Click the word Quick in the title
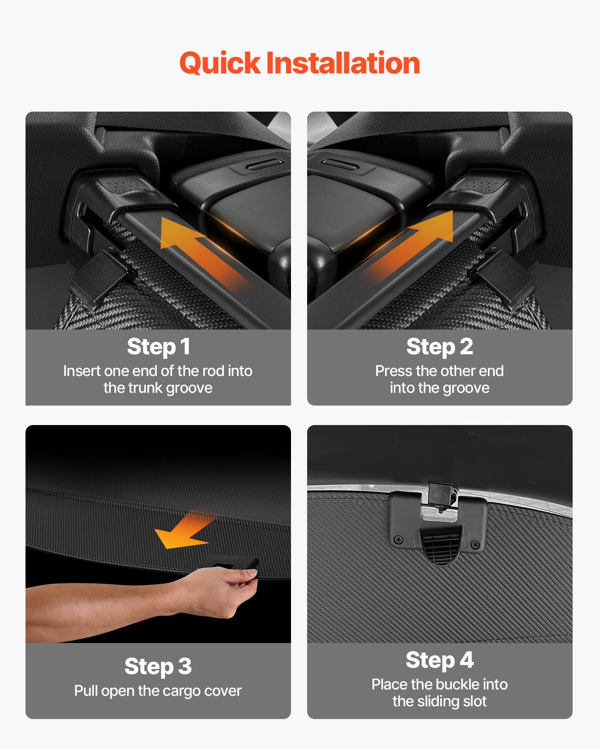(219, 63)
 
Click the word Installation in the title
(343, 63)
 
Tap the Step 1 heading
(158, 346)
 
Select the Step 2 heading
(439, 346)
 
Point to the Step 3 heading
(158, 666)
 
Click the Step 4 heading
(439, 660)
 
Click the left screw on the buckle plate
(399, 540)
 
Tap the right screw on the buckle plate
(475, 544)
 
